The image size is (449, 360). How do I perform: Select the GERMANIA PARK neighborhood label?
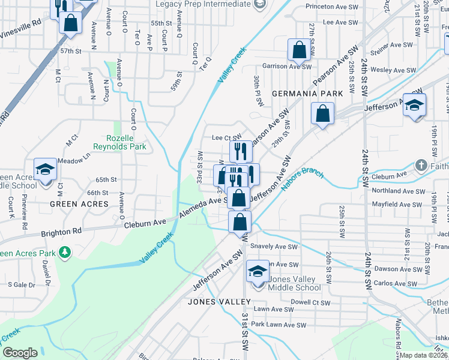click(307, 94)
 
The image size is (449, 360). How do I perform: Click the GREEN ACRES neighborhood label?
click(79, 204)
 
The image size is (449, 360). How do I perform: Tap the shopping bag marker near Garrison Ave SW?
click(298, 50)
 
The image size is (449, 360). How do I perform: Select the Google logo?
click(20, 353)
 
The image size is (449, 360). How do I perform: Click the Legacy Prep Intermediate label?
click(203, 4)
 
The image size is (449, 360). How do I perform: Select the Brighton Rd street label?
click(61, 231)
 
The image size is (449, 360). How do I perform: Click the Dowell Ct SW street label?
click(310, 302)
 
